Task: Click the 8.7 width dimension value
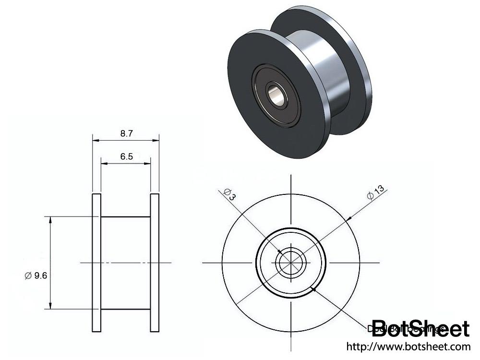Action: point(126,134)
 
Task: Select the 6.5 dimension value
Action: point(126,156)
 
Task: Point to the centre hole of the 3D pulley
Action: point(276,94)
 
